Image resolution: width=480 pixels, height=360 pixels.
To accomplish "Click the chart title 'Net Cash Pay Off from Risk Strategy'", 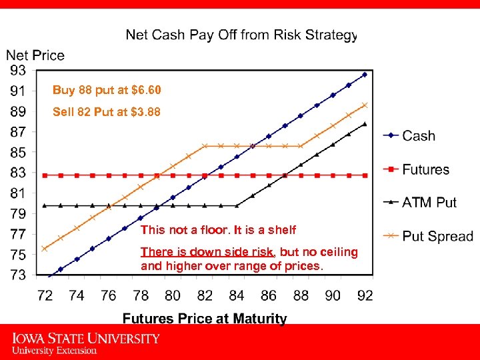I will click(241, 34).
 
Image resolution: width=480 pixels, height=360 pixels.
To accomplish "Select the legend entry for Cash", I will click(418, 135).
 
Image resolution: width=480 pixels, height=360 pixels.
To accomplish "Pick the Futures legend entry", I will click(425, 169).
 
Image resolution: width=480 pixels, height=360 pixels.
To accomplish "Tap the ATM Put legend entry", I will click(429, 202).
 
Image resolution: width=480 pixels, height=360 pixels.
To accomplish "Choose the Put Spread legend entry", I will click(437, 236).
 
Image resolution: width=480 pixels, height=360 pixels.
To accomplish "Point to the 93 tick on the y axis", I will click(18, 70).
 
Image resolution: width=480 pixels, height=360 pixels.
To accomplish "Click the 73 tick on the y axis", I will click(18, 275).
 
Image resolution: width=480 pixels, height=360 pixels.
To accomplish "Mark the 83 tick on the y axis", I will click(18, 173).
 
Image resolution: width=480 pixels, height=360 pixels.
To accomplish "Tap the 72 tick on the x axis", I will click(45, 295).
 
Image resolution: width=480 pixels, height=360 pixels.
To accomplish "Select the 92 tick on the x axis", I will click(365, 295).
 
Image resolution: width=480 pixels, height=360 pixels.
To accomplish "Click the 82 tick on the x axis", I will click(205, 295).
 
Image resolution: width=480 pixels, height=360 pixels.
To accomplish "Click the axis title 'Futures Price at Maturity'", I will click(205, 319).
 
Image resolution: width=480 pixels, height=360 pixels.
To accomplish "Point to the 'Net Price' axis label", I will click(35, 55).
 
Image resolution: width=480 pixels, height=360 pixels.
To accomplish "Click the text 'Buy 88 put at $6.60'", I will click(107, 90).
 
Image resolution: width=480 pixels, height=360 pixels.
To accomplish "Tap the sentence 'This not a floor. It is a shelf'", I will click(218, 230).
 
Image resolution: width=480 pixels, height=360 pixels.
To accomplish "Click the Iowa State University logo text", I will click(85, 339).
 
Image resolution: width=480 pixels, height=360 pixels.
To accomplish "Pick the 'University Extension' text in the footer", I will click(54, 350).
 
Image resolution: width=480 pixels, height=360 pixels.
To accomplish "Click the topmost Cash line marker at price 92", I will click(365, 75).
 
